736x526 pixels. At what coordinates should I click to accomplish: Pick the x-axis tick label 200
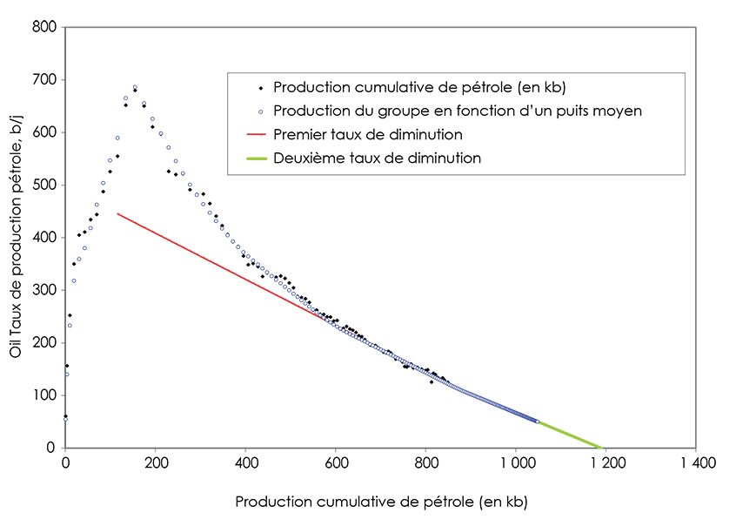tap(155, 462)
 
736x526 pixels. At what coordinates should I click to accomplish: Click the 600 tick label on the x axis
tap(336, 462)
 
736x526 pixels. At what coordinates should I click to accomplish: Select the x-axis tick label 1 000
tap(516, 462)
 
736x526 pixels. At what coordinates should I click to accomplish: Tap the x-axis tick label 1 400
tap(696, 462)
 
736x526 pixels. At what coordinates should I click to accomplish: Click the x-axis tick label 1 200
tap(606, 462)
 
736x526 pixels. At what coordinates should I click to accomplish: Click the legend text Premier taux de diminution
tap(367, 135)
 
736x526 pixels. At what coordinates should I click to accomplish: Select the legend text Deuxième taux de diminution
tap(377, 158)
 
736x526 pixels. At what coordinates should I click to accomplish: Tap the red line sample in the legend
tap(254, 135)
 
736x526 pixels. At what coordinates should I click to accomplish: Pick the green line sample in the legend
tap(254, 158)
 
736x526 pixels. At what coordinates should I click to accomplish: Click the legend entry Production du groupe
tap(457, 111)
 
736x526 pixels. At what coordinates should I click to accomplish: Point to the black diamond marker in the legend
tap(260, 88)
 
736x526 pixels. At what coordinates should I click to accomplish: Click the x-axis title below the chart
tap(381, 502)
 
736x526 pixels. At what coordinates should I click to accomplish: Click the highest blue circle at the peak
tap(135, 87)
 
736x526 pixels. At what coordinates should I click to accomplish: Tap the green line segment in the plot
tap(570, 434)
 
